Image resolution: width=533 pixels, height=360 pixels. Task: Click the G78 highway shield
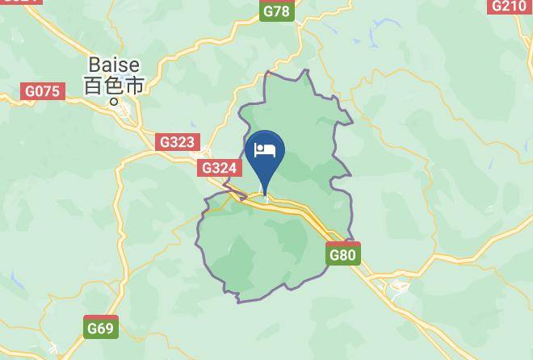(x=276, y=10)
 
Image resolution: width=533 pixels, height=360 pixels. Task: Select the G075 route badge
(x=42, y=91)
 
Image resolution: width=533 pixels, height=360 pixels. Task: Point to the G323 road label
(x=177, y=142)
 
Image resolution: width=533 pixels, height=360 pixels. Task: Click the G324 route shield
(x=220, y=168)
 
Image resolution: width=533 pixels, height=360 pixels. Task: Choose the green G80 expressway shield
(x=343, y=255)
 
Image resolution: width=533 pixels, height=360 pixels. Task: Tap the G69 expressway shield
(x=101, y=328)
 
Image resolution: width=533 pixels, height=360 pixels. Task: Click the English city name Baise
(x=114, y=64)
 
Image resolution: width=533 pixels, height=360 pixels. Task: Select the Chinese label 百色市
(x=114, y=85)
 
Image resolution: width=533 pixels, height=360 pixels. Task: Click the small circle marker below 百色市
(x=114, y=103)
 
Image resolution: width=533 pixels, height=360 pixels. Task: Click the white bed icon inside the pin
(x=266, y=150)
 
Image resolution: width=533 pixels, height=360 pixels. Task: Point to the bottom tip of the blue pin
(x=266, y=195)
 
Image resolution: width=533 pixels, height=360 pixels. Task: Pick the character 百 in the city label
(x=94, y=85)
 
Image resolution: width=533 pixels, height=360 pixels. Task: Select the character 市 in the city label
(x=134, y=85)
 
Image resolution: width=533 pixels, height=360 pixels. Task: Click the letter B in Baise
(x=94, y=64)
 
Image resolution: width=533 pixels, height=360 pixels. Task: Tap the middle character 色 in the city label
(x=114, y=85)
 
